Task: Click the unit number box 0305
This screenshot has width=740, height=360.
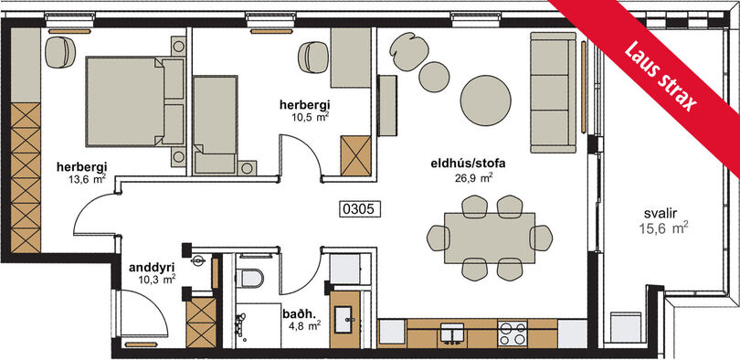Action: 360,209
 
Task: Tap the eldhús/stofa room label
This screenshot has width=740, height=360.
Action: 461,164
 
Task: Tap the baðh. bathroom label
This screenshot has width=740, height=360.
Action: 296,313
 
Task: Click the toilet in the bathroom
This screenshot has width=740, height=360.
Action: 249,278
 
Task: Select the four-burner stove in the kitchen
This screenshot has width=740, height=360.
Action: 513,334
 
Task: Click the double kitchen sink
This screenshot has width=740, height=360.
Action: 452,334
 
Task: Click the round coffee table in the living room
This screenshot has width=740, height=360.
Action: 486,101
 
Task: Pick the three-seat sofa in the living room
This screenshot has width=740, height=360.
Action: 554,92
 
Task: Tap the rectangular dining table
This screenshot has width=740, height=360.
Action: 490,238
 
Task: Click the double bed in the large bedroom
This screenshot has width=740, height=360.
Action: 135,101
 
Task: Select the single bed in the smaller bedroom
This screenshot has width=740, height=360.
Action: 216,124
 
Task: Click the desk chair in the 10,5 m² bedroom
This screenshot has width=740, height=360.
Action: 312,57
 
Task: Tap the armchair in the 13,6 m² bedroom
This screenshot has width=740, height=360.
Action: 60,52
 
